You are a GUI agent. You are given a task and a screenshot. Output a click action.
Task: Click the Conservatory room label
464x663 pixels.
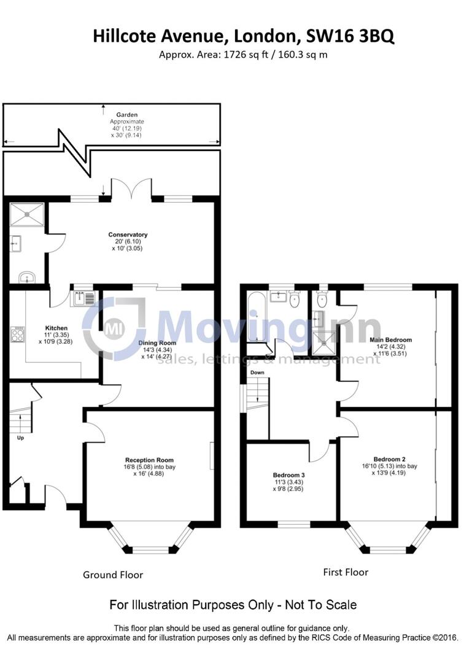(x=128, y=235)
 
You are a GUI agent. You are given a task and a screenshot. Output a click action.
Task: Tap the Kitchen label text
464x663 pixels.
(x=56, y=328)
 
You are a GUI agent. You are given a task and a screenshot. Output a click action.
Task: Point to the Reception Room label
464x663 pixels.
(x=149, y=460)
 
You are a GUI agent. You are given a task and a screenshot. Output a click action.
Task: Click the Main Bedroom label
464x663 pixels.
(x=390, y=339)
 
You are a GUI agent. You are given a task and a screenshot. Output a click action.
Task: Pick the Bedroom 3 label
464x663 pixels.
(x=289, y=475)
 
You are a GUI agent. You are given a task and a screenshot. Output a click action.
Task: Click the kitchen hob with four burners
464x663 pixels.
(x=17, y=334)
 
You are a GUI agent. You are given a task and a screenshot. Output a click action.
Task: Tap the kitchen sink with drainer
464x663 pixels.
(x=82, y=299)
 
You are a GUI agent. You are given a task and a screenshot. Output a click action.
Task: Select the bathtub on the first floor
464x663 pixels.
(x=253, y=317)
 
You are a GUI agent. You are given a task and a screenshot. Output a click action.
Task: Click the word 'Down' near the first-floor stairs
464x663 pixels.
(x=257, y=373)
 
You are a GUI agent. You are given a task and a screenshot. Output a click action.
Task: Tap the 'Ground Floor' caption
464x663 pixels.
(x=113, y=575)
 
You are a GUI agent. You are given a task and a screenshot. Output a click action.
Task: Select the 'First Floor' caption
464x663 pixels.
(x=346, y=572)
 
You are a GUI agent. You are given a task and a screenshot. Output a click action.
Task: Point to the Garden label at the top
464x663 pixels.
(x=127, y=115)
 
